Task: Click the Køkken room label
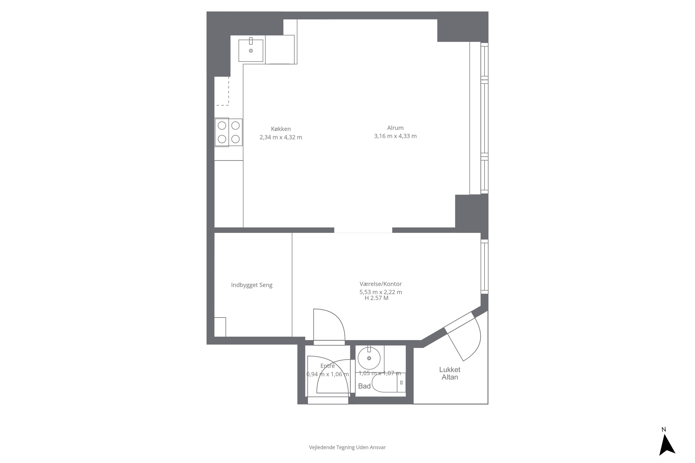pos(281,129)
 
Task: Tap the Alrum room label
pos(395,128)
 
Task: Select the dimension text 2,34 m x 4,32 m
pos(281,137)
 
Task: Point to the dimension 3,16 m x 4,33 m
pos(395,136)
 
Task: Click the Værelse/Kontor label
pos(381,284)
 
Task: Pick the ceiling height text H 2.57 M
pos(376,298)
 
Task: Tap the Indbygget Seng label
pos(252,285)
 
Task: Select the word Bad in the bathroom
pos(364,386)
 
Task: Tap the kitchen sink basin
pos(251,50)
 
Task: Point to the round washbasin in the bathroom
pos(369,358)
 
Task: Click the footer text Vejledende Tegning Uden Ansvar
pos(347,447)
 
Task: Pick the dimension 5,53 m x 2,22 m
pos(381,292)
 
